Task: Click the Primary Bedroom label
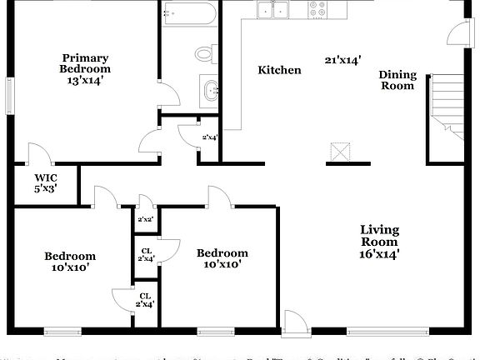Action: [85, 63]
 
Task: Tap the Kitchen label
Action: [279, 70]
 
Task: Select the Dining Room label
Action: [397, 80]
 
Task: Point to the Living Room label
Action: [379, 242]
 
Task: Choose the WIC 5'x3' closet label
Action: [46, 182]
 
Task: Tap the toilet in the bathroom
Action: [205, 54]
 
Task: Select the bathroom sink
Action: [209, 87]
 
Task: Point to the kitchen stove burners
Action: [318, 9]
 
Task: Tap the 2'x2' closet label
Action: [145, 219]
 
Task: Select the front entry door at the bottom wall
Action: [294, 322]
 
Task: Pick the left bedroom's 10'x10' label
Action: [70, 262]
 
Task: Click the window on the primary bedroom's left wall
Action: [9, 93]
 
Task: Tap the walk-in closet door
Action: [37, 154]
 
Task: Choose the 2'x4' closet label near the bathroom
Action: [210, 137]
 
